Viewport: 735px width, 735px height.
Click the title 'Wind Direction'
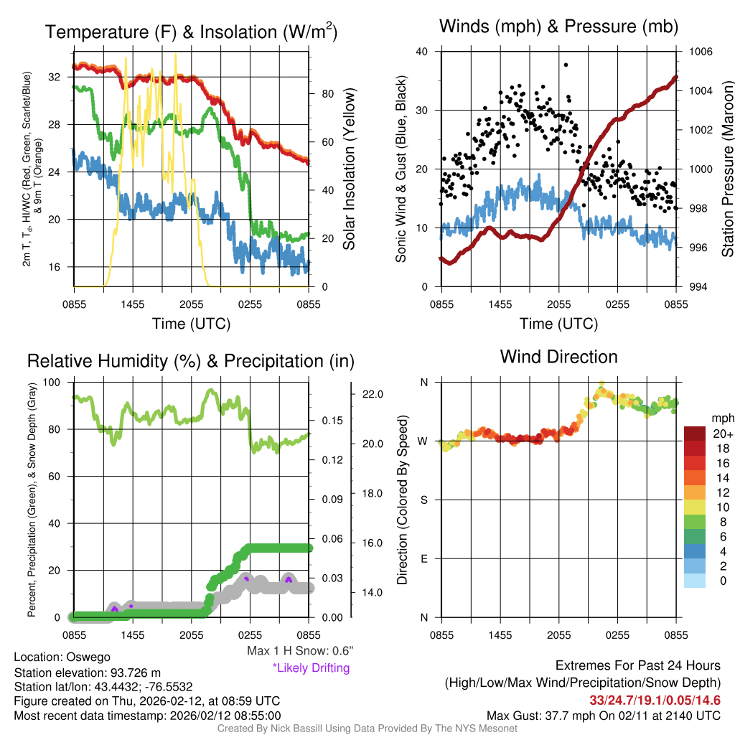558,357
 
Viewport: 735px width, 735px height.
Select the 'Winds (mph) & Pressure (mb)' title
558,27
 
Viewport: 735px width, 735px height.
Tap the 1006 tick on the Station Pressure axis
700,52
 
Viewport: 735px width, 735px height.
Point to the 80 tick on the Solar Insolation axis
325,94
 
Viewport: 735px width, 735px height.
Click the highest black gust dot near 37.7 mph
566,65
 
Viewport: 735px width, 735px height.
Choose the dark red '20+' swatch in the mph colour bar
696,434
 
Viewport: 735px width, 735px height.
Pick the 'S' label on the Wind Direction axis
423,500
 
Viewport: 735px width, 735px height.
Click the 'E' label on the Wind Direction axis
423,558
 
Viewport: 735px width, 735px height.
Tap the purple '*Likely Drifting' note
311,668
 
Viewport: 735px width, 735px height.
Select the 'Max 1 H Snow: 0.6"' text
299,651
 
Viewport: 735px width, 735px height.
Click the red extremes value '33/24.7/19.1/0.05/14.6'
655,700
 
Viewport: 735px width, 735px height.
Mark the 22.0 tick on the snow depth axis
373,394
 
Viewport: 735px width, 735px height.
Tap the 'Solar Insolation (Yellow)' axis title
350,169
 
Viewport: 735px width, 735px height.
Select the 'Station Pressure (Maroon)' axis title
726,169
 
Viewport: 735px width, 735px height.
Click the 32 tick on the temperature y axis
60,76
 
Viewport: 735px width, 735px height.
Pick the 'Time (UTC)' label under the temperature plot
191,324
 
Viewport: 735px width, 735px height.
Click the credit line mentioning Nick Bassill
367,729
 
